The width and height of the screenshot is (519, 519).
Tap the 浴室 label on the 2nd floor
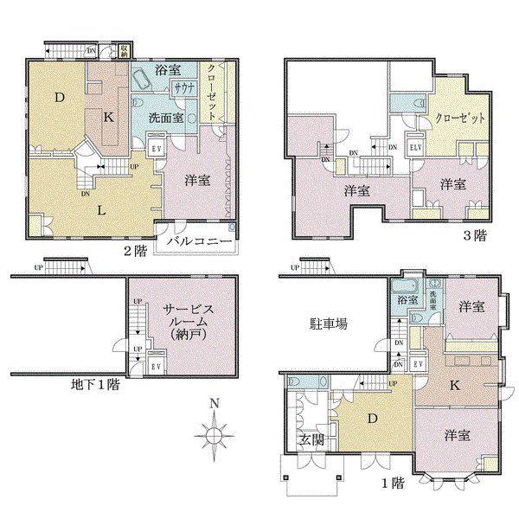[x=169, y=70]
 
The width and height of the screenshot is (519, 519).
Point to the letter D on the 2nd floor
[x=60, y=98]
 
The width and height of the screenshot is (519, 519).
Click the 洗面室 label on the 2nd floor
[x=164, y=118]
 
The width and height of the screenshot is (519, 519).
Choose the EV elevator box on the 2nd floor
[x=157, y=146]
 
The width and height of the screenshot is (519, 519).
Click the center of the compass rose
[x=214, y=437]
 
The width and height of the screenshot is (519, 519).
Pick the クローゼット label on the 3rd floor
[x=459, y=118]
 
